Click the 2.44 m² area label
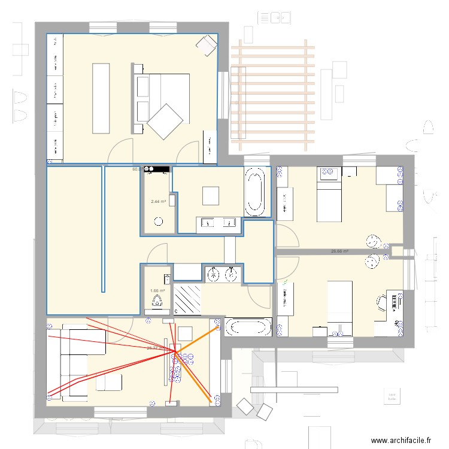pos(158,202)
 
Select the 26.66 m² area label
pos(340,252)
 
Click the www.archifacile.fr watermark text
pos(401,440)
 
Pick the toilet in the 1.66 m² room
pos(158,301)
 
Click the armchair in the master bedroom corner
pos(208,45)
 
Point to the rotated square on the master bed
pos(165,122)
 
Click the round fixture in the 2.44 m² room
pos(158,222)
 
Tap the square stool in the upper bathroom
pos(211,196)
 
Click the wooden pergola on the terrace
pos(273,96)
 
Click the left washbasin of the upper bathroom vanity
pos(208,224)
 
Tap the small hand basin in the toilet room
pos(167,278)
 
